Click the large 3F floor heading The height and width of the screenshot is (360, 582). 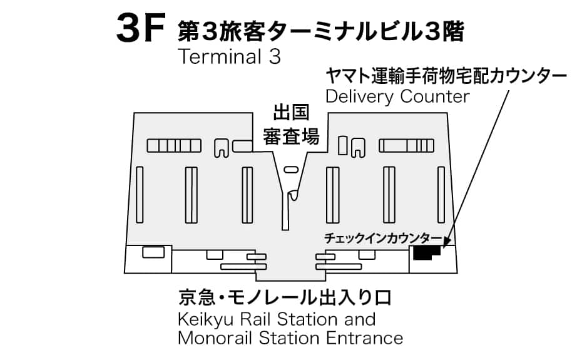pos(140,28)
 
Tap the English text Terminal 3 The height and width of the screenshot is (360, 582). pos(230,57)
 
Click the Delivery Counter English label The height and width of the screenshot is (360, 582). pos(397,96)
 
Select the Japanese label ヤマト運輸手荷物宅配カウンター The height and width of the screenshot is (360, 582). pos(446,76)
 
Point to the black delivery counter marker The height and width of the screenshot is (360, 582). pos(426,253)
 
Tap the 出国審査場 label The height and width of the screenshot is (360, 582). pos(291,125)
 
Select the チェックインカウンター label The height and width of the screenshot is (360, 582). pos(383,238)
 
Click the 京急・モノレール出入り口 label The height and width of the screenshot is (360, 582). pos(285,297)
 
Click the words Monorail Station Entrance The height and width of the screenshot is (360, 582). pos(290,338)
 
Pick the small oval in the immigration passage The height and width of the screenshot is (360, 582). pos(291,170)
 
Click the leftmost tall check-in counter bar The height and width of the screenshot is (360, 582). pos(140,195)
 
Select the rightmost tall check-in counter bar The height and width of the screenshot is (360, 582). pos(441,195)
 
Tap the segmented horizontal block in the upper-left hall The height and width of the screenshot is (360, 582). pos(174,146)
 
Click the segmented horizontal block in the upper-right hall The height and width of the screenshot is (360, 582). pos(406,146)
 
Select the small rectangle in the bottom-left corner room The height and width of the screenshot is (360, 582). pos(153,252)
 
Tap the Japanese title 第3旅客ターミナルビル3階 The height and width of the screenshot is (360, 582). pos(321,31)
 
